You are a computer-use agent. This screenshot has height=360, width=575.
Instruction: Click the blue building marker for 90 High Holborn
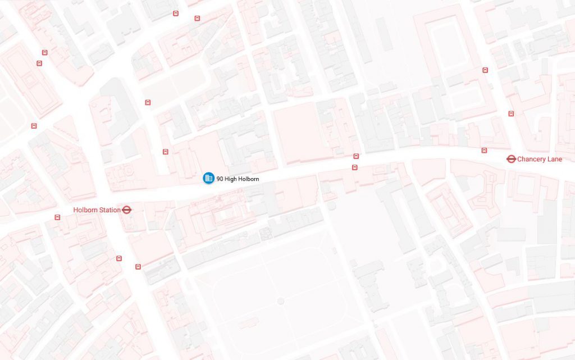click(x=208, y=178)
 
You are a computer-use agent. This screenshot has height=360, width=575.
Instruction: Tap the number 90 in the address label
click(x=220, y=179)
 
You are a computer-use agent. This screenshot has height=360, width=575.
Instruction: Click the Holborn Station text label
click(x=97, y=210)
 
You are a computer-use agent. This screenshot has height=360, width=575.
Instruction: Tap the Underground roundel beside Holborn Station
click(x=127, y=210)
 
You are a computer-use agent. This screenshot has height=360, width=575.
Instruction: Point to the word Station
click(x=109, y=210)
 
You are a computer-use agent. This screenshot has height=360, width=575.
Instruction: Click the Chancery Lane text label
click(x=539, y=160)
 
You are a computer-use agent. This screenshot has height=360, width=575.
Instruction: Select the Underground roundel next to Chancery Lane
click(x=511, y=160)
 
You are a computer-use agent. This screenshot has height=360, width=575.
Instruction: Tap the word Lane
click(x=554, y=160)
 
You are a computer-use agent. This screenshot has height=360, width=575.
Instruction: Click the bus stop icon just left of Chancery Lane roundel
click(x=484, y=151)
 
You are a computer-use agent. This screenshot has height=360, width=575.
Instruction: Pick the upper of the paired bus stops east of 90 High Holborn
click(x=356, y=156)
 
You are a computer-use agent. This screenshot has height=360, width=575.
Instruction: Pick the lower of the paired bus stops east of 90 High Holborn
click(x=355, y=167)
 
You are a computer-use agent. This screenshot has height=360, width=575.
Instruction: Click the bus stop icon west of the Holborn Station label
click(x=57, y=217)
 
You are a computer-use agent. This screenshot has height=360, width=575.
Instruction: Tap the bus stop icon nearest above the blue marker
click(x=165, y=152)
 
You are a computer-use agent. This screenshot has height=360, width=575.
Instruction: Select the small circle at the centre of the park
click(x=281, y=301)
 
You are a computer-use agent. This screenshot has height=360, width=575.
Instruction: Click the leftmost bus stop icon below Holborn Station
click(x=119, y=258)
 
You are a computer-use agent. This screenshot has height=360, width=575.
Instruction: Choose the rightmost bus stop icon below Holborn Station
click(x=138, y=266)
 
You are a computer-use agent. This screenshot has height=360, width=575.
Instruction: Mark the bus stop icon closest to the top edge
click(x=176, y=13)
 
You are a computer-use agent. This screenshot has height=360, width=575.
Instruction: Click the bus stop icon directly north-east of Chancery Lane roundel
click(x=511, y=113)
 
